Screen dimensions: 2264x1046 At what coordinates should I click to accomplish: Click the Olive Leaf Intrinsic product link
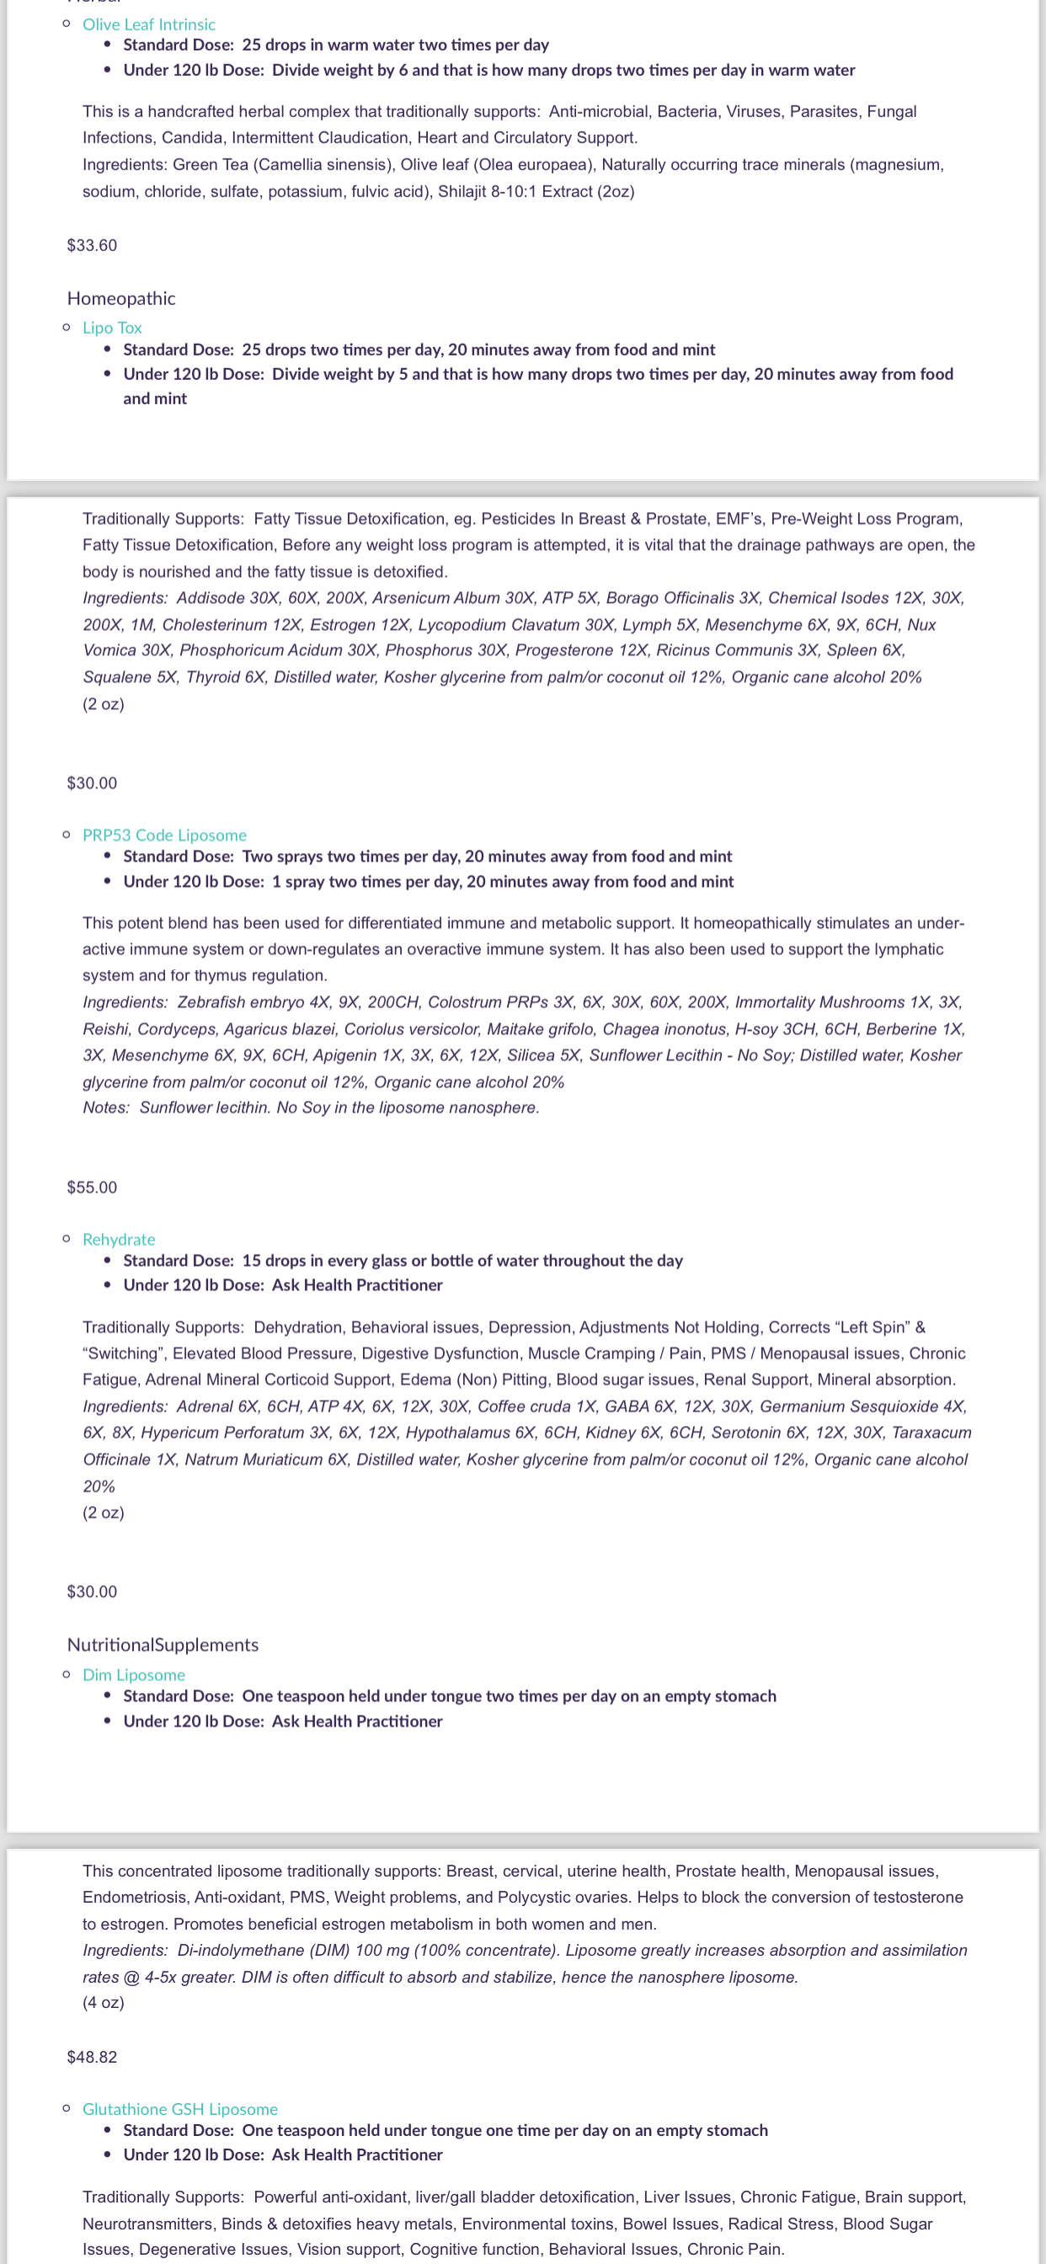coord(148,24)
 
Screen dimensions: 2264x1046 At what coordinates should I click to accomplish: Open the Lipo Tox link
coord(112,328)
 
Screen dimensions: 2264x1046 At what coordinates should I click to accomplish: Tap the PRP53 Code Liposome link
coord(164,835)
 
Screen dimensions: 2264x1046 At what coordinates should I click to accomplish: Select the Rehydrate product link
coord(119,1239)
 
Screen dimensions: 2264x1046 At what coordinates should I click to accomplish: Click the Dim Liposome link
coord(134,1674)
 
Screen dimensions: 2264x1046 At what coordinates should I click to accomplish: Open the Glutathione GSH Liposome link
coord(180,2109)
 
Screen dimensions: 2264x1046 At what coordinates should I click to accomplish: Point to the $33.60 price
coord(92,245)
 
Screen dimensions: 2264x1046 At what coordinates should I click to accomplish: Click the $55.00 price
coord(92,1188)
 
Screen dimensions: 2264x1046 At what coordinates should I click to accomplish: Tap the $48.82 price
coord(92,2057)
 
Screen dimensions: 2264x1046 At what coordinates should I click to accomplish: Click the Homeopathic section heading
coord(121,299)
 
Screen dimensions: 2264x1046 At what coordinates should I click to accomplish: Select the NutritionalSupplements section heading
coord(163,1644)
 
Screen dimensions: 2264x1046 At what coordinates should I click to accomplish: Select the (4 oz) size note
coord(104,2002)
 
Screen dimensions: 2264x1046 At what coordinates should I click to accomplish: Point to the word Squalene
coord(115,676)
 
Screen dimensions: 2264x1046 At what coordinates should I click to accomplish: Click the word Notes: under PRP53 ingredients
coord(106,1108)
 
